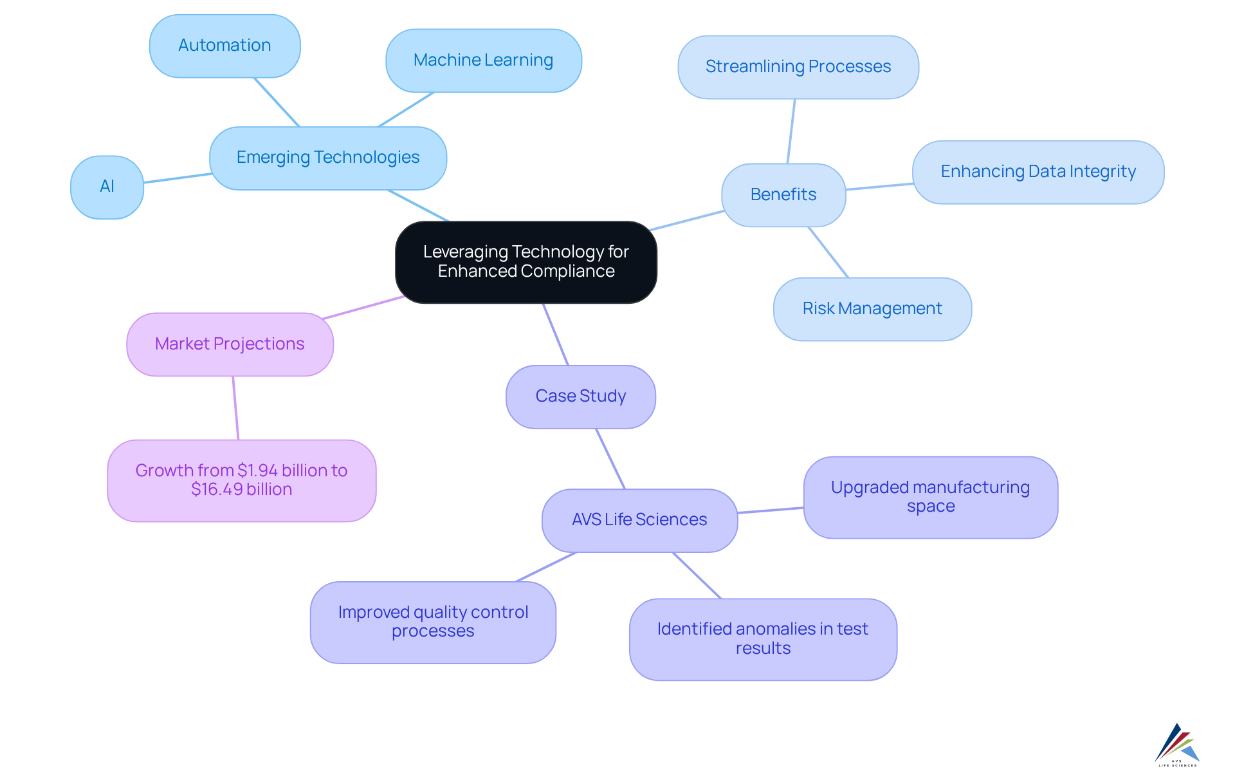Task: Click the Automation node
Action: (224, 46)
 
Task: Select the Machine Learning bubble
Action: (483, 61)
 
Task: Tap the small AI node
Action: (107, 187)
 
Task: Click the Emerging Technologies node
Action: (327, 158)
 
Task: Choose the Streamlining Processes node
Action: (798, 67)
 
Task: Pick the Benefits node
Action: (783, 194)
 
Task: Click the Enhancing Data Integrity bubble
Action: (1038, 172)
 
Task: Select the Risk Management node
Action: (872, 309)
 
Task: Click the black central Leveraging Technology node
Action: (526, 261)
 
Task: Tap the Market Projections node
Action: (230, 344)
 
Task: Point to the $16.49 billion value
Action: (241, 490)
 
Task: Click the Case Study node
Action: (580, 396)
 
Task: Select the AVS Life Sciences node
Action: (639, 520)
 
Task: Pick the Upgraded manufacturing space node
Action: (930, 497)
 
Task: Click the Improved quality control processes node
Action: (433, 622)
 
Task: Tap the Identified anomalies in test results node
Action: (762, 638)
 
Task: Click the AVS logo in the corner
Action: (1177, 745)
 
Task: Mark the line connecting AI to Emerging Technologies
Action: (178, 178)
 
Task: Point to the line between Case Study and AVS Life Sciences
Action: (610, 458)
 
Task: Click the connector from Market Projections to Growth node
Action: (235, 408)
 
